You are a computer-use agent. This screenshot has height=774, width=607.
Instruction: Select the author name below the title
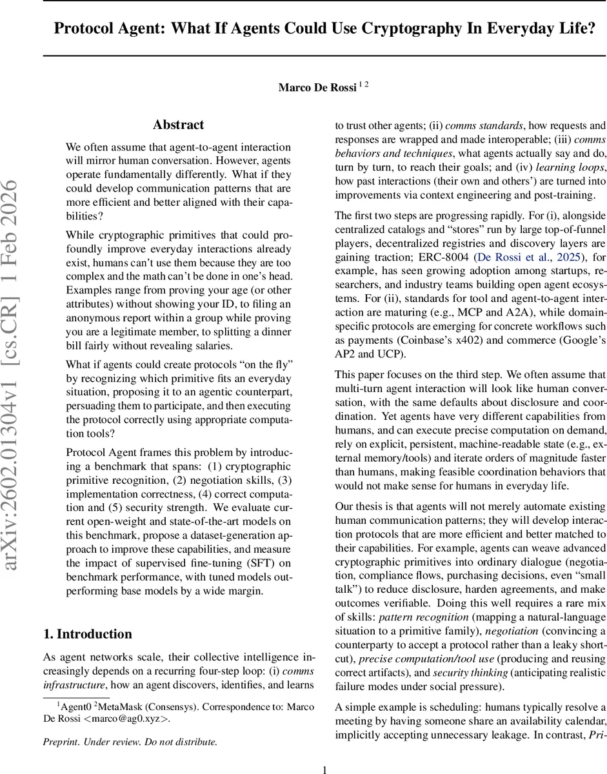pos(317,87)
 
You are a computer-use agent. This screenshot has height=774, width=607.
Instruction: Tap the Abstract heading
pos(178,124)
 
